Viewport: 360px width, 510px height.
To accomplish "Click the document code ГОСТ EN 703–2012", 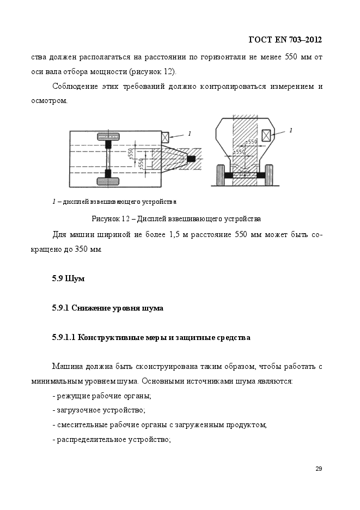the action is [x=285, y=40].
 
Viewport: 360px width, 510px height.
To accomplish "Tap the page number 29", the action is [x=319, y=469].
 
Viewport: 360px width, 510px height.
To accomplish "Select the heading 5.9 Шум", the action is [x=68, y=279].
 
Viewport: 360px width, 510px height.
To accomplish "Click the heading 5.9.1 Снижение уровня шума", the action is [x=108, y=308].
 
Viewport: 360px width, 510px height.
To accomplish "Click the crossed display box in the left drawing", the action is [x=165, y=137].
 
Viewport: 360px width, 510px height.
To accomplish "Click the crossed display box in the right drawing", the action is [x=267, y=135].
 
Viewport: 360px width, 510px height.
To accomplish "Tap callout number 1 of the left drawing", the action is [x=190, y=133].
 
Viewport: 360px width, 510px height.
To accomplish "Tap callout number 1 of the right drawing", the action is [x=290, y=130].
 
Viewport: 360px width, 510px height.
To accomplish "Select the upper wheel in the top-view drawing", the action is [x=108, y=137].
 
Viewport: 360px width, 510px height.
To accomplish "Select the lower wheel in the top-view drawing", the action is [x=108, y=181].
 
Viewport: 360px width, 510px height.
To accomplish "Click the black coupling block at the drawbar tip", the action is [x=191, y=159].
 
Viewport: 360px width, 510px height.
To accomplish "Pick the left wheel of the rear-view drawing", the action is [x=221, y=175].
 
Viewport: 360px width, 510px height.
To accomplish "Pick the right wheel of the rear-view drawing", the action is [x=269, y=175].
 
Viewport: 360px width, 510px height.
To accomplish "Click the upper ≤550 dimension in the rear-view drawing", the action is [x=252, y=142].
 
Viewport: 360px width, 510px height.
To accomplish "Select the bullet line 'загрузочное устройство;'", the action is [x=99, y=410].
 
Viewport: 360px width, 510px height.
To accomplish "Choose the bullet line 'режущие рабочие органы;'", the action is [x=102, y=396].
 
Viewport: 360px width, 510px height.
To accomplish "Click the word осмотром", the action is [x=50, y=101].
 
